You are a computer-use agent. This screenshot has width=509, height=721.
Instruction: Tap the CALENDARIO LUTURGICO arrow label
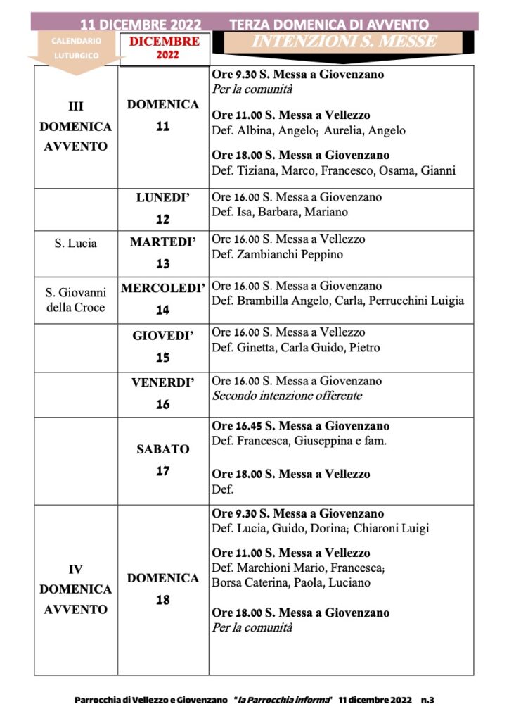pyautogui.click(x=76, y=47)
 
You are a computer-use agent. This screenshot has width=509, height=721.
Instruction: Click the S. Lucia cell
pyautogui.click(x=75, y=244)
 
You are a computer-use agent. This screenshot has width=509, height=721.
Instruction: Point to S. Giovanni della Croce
pyautogui.click(x=75, y=299)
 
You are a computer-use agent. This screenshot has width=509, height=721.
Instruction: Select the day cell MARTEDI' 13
pyautogui.click(x=162, y=253)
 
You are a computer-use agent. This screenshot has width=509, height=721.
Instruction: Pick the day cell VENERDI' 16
pyautogui.click(x=162, y=394)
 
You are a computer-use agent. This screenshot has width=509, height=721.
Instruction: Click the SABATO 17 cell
pyautogui.click(x=162, y=460)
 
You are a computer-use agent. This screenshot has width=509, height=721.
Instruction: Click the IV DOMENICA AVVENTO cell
pyautogui.click(x=75, y=589)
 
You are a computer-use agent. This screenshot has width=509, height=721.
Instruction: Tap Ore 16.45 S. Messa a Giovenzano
pyautogui.click(x=300, y=426)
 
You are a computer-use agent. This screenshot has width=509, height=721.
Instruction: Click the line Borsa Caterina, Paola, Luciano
pyautogui.click(x=290, y=582)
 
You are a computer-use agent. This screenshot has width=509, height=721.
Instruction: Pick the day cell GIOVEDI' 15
pyautogui.click(x=162, y=346)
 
